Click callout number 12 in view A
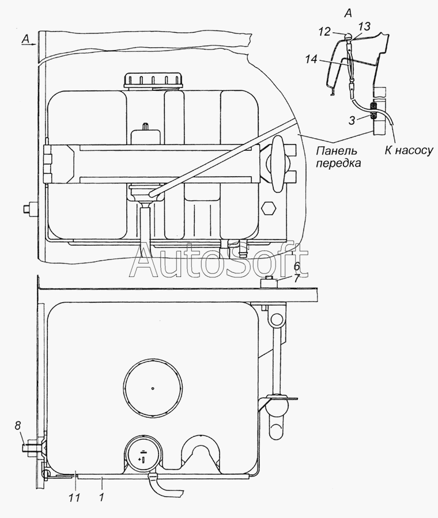click(325, 32)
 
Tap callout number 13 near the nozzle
click(364, 26)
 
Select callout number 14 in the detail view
click(311, 59)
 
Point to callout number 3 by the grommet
click(352, 121)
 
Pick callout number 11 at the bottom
click(297, 266)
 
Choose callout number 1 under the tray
click(297, 278)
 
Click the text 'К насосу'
click(409, 151)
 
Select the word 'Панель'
click(337, 151)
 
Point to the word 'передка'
click(338, 163)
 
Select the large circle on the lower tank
click(153, 388)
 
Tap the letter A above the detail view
click(348, 13)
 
